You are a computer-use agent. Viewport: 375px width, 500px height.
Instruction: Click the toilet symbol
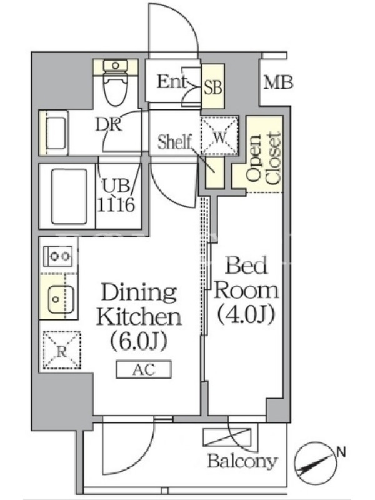tap(116, 82)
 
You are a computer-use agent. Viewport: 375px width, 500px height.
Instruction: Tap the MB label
tap(278, 82)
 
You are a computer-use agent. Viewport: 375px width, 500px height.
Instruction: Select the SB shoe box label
tap(212, 86)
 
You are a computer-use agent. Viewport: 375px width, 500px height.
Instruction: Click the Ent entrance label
tap(171, 81)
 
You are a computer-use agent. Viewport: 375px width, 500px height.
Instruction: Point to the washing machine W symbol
tap(219, 136)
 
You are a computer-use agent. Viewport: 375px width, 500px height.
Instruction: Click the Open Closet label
tap(264, 158)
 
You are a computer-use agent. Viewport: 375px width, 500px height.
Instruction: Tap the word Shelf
tap(175, 142)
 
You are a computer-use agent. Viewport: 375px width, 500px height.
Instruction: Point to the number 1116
tap(116, 205)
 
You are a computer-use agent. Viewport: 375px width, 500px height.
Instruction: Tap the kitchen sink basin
tap(61, 299)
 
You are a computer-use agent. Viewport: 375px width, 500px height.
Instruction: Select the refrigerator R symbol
tap(62, 350)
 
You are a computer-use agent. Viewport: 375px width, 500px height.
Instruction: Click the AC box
tap(144, 369)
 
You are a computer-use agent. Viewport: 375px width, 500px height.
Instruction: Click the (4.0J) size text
tap(246, 315)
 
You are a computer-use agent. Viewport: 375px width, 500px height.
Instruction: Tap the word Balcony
tap(242, 461)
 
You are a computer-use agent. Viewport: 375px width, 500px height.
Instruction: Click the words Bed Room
tap(246, 278)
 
